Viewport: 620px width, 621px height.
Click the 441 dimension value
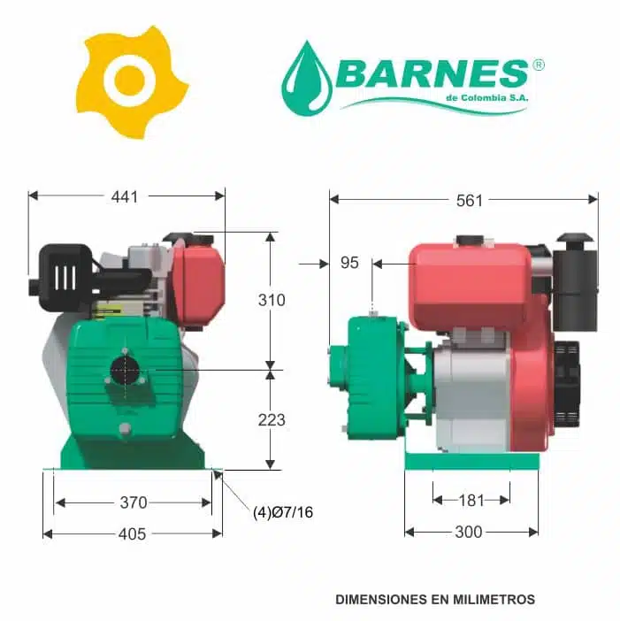coord(125,196)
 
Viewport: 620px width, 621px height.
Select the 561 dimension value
coord(470,201)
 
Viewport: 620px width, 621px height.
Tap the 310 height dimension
coord(272,300)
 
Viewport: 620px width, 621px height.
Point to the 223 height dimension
coord(272,420)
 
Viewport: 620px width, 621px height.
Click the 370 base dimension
coord(134,502)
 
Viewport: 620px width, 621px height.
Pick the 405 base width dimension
coord(133,534)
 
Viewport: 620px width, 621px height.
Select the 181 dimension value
coord(471,501)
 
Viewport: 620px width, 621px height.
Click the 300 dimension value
coord(469,532)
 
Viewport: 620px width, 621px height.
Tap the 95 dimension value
coord(349,263)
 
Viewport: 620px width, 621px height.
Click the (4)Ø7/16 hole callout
coord(283,512)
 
